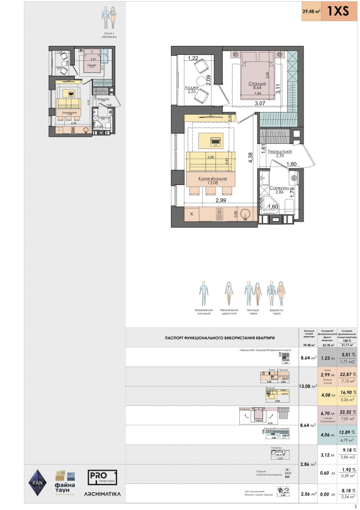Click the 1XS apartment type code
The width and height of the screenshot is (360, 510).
tap(338, 12)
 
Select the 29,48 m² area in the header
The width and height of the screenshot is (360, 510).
tap(311, 12)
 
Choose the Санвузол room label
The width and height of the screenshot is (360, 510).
tap(277, 188)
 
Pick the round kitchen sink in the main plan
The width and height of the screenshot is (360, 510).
tap(247, 214)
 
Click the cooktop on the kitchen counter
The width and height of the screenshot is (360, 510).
tap(220, 214)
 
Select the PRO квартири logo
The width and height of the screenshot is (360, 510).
tap(102, 476)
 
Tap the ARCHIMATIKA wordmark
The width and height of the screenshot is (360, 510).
tap(102, 492)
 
